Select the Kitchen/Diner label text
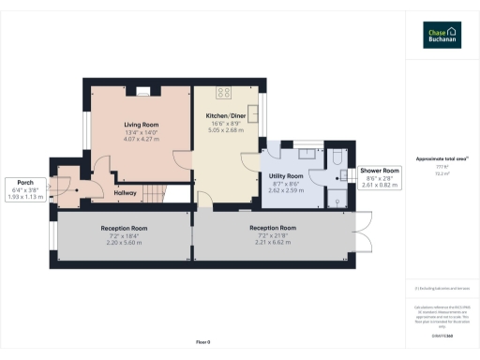click(x=225, y=116)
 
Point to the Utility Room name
click(x=285, y=175)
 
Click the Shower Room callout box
click(x=380, y=178)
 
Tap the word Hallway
click(x=126, y=192)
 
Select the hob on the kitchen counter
click(x=225, y=92)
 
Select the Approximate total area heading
click(x=441, y=159)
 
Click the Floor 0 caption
click(x=203, y=343)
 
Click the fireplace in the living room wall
click(x=142, y=91)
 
